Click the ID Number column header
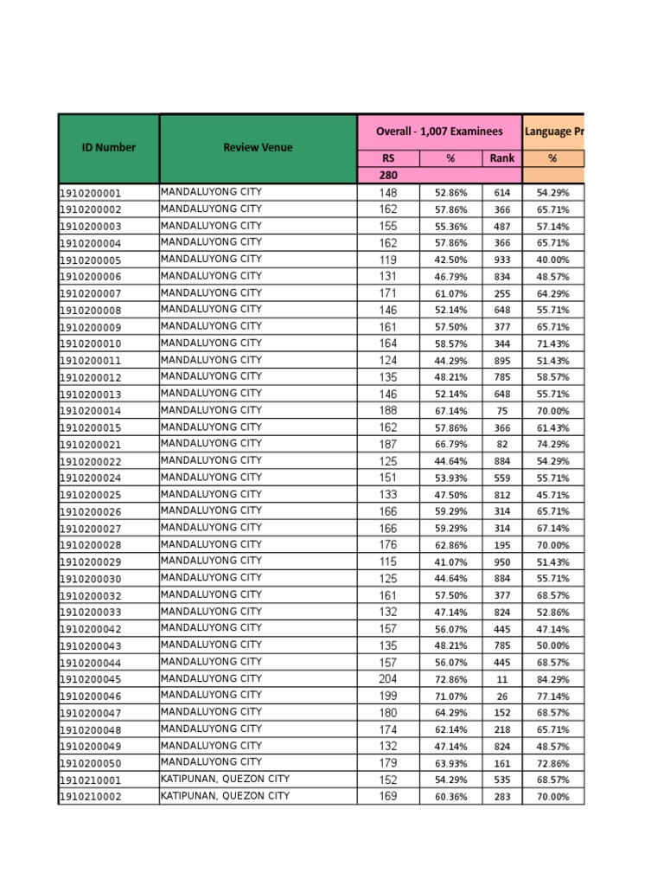coord(109,147)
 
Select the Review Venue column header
coord(258,147)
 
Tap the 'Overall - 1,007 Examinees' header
coord(439,132)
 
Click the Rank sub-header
coord(501,158)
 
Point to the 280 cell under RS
coord(388,176)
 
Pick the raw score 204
coord(388,679)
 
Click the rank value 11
coord(501,679)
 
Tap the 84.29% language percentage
coord(553,679)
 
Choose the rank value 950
coord(501,562)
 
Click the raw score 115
coord(388,562)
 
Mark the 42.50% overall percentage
coord(450,260)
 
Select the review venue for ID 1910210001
coord(226,779)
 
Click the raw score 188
coord(388,411)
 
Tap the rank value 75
coord(501,411)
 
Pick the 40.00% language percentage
coord(553,260)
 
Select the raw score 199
coord(388,696)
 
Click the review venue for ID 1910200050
coord(211,762)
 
